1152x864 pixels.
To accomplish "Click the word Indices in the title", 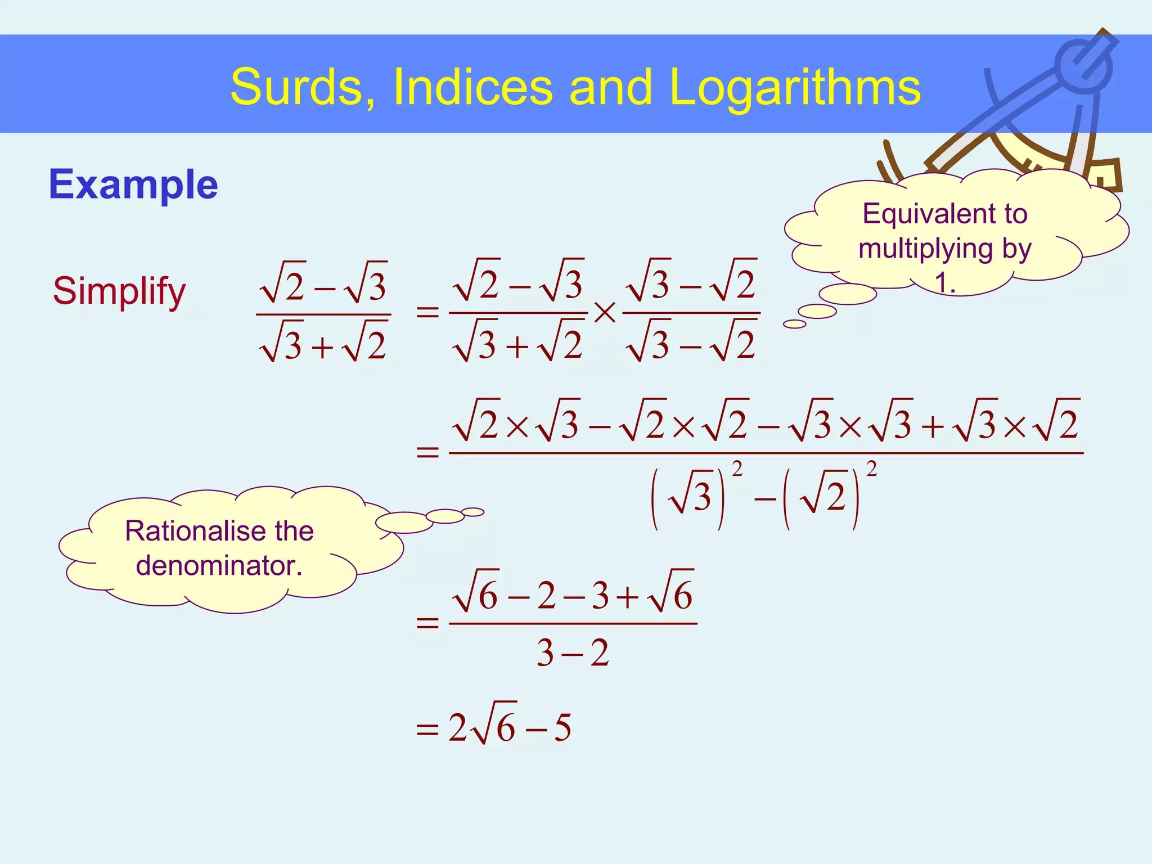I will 472,87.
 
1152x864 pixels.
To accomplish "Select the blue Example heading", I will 133,184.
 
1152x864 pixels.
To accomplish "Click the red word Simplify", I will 119,291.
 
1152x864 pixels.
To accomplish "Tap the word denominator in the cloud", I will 219,566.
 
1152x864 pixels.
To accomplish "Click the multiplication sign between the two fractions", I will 605,313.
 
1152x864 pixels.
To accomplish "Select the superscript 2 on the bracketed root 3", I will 737,468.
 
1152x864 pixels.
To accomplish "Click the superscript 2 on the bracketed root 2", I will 871,468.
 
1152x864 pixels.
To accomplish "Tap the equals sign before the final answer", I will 427,730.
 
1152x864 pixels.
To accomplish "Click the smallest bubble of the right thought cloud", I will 794,324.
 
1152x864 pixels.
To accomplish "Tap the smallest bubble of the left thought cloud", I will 473,512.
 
